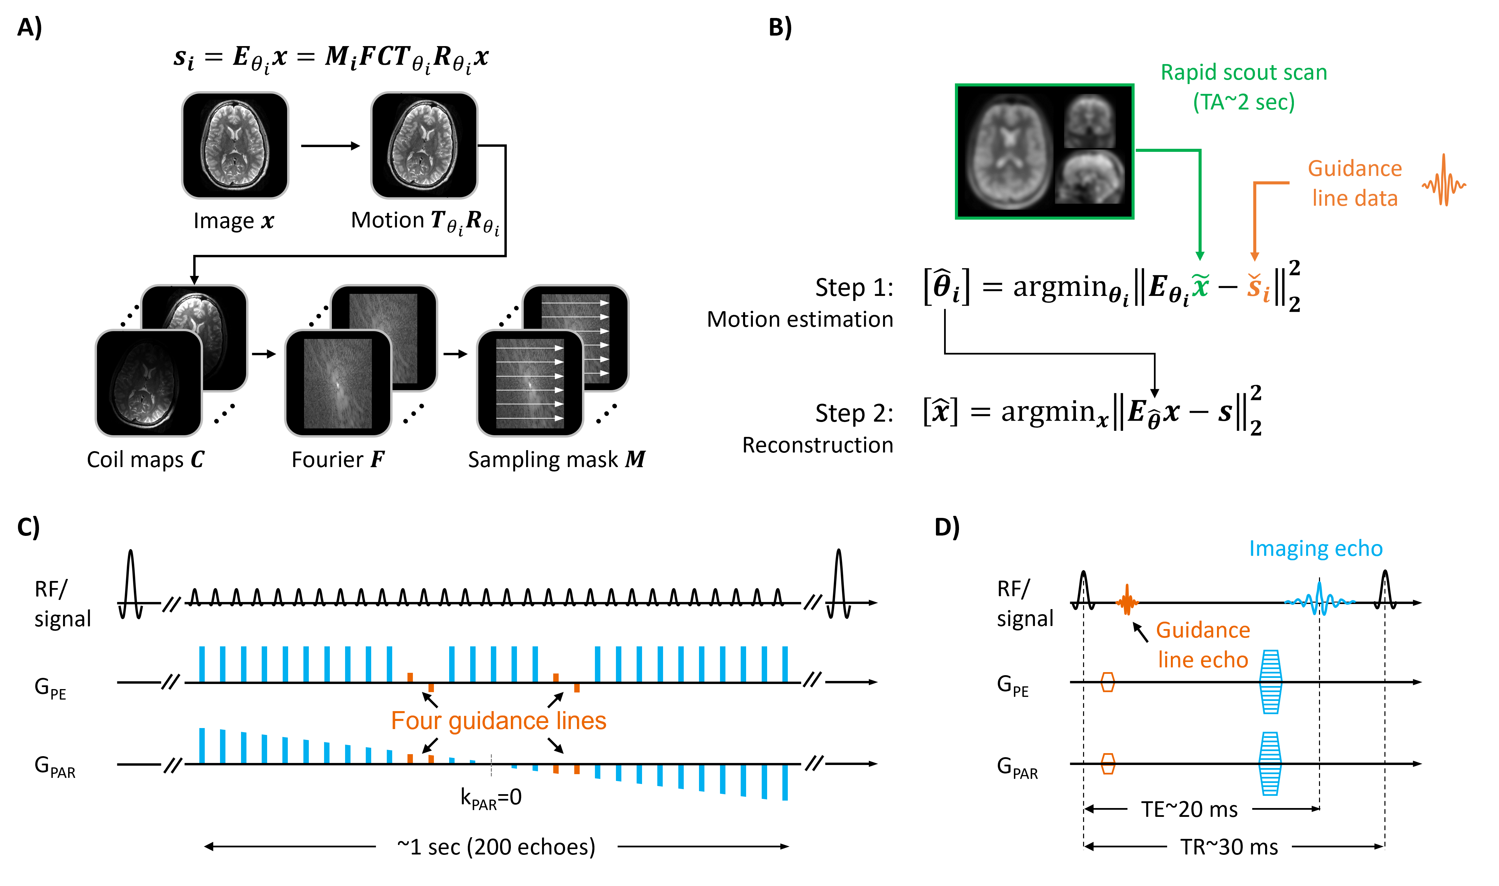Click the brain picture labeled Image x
point(235,145)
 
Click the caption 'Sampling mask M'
point(556,459)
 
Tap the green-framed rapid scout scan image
point(1045,152)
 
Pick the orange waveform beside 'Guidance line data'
point(1443,181)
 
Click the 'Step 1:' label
point(854,288)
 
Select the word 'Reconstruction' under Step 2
point(818,445)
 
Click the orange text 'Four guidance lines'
point(498,721)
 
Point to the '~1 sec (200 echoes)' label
point(496,847)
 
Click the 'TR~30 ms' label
point(1229,847)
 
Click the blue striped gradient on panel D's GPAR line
point(1270,764)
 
